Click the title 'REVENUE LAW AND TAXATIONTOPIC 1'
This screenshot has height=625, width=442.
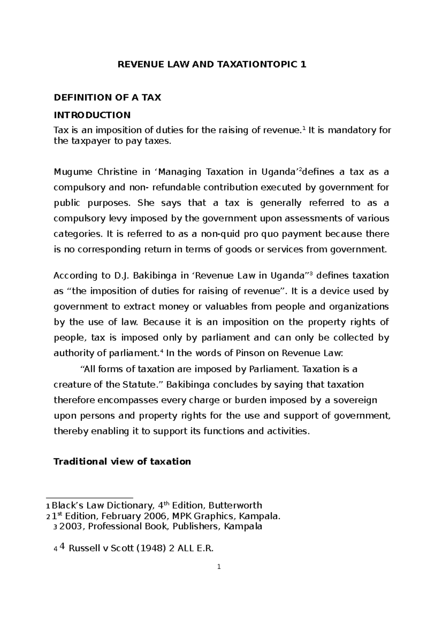click(211, 65)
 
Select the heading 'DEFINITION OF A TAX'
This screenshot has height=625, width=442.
click(107, 98)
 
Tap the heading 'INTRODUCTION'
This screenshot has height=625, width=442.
click(92, 115)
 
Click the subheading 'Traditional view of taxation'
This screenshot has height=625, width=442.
click(122, 462)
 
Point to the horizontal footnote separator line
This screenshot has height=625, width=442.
click(93, 498)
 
